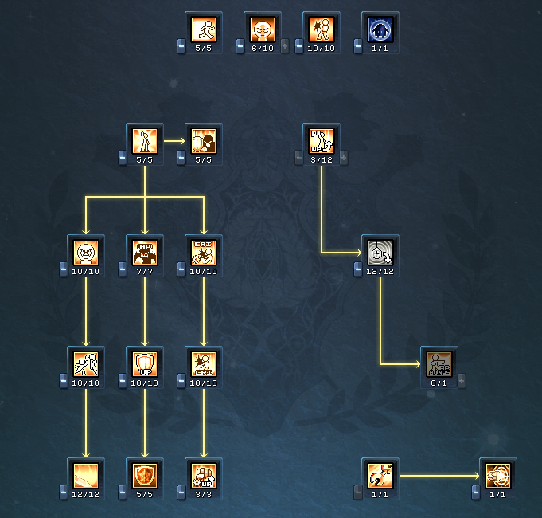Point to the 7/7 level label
pos(145,271)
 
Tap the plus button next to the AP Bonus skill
pos(462,381)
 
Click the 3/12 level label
pos(322,159)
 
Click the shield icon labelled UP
pos(145,365)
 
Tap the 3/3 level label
pos(204,494)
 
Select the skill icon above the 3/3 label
pos(204,477)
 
